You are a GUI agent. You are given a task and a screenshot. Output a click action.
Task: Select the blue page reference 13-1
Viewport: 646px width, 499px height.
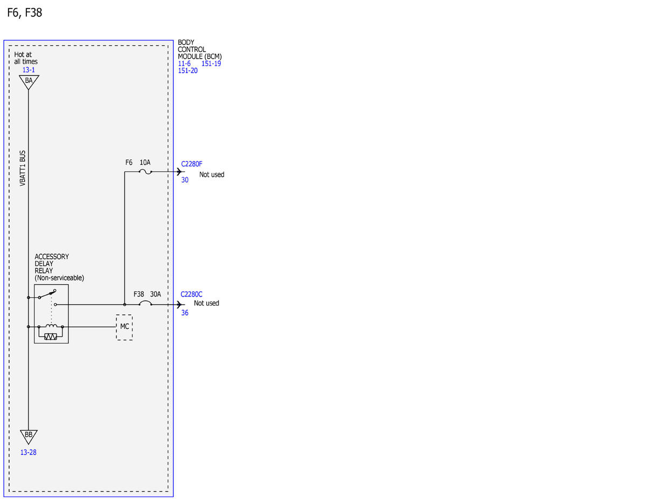(x=29, y=70)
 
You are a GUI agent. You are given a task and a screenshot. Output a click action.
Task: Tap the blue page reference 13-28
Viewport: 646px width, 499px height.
(x=28, y=452)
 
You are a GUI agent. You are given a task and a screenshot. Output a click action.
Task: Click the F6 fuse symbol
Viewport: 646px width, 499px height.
(x=145, y=172)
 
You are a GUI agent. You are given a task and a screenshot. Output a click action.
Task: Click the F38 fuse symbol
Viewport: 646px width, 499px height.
(x=145, y=303)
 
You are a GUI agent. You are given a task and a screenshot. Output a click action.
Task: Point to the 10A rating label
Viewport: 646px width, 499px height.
(x=145, y=163)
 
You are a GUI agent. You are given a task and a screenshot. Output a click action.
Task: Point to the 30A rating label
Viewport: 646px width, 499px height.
(x=156, y=294)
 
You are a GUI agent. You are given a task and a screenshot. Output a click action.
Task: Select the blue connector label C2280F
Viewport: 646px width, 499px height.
(x=192, y=164)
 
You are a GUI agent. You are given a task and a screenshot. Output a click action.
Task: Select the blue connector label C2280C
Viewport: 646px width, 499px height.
(x=192, y=294)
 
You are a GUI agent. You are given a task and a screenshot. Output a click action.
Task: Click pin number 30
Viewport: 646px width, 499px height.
(x=185, y=180)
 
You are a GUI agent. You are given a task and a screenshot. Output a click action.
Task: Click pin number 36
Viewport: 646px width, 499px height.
(x=185, y=313)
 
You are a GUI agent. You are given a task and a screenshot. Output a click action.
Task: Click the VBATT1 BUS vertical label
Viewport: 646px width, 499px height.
(x=23, y=168)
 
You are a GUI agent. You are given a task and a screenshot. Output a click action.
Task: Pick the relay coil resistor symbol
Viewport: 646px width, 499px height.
(x=51, y=337)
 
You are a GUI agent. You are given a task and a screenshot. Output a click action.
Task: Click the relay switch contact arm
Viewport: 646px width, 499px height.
(x=47, y=294)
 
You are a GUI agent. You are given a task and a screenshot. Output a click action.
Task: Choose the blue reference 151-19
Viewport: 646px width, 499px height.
(x=211, y=64)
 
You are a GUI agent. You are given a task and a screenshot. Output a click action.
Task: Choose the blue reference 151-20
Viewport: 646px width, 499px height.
(x=187, y=71)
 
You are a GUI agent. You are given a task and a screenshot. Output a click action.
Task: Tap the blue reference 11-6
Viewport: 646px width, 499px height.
(x=184, y=64)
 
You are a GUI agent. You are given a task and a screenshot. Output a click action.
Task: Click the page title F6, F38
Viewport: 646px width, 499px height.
(x=25, y=12)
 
